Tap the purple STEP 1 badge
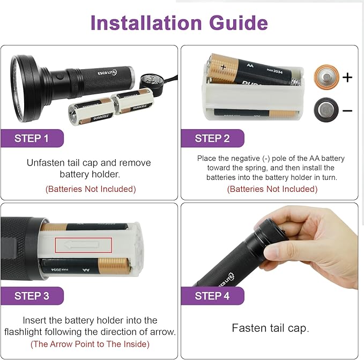(x=32, y=138)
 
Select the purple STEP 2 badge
(x=212, y=138)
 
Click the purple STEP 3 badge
(x=32, y=296)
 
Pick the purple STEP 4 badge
(x=212, y=296)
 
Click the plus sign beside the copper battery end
(x=347, y=78)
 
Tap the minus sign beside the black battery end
(x=347, y=110)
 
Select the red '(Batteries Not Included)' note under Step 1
(x=90, y=189)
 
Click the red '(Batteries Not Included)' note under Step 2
(x=272, y=189)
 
